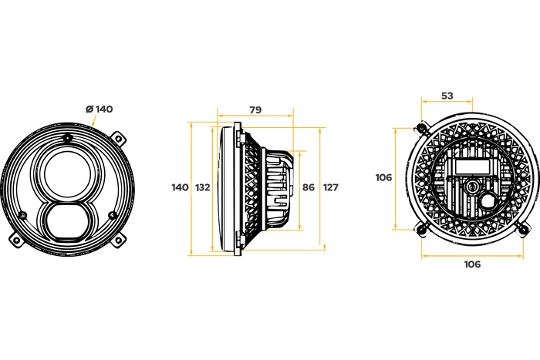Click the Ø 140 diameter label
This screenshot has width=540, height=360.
pyautogui.click(x=100, y=109)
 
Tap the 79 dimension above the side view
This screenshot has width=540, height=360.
pyautogui.click(x=255, y=110)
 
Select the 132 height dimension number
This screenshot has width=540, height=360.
pyautogui.click(x=203, y=187)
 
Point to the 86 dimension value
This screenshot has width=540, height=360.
pyautogui.click(x=309, y=187)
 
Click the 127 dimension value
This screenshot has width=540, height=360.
pyautogui.click(x=331, y=187)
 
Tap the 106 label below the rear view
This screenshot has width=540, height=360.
pyautogui.click(x=472, y=264)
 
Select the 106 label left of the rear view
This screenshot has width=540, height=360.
pyautogui.click(x=383, y=177)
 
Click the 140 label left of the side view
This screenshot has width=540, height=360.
pyautogui.click(x=180, y=187)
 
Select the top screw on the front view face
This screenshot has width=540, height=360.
pyautogui.click(x=68, y=139)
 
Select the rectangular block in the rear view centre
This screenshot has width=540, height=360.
pyautogui.click(x=472, y=167)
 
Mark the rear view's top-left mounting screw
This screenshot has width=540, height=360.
pyautogui.click(x=420, y=126)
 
